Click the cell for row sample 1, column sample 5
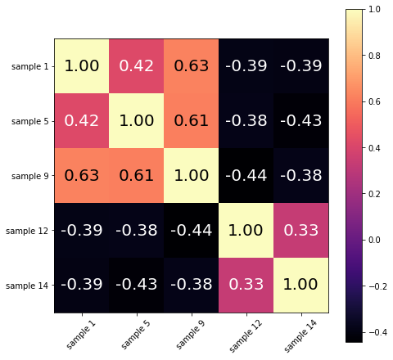click(x=137, y=65)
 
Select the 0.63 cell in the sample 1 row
click(x=192, y=65)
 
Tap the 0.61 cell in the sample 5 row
click(x=192, y=120)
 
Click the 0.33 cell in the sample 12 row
click(x=301, y=230)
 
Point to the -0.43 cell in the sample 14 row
click(x=137, y=285)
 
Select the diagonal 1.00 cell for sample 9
click(x=192, y=175)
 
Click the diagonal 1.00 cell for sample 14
click(x=301, y=285)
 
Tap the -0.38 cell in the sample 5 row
click(x=246, y=120)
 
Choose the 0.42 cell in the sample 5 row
click(x=82, y=120)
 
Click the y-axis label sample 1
click(x=29, y=65)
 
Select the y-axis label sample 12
click(x=28, y=230)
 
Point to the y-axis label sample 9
click(x=29, y=175)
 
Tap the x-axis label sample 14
click(x=296, y=334)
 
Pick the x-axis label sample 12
click(x=242, y=334)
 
